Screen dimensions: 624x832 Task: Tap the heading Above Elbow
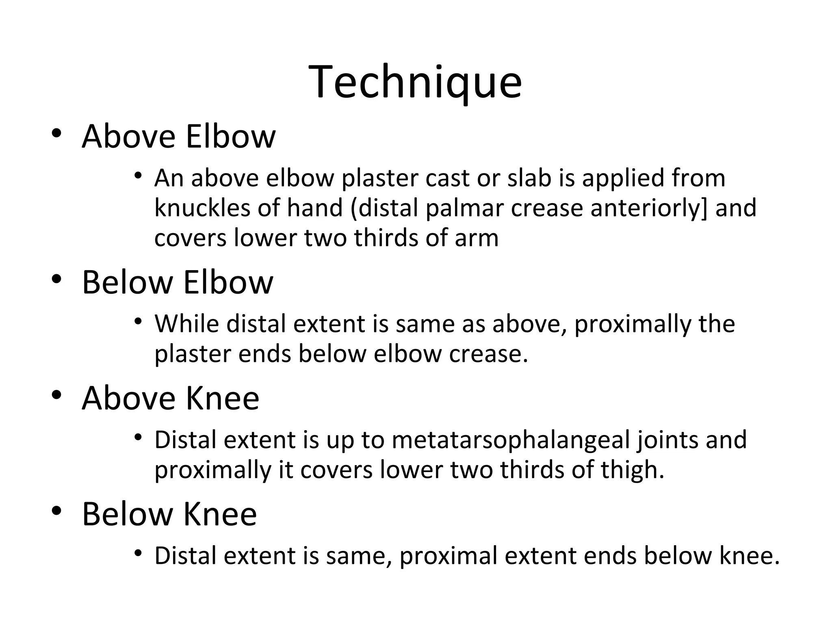click(179, 136)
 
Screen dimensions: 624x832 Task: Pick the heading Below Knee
click(169, 514)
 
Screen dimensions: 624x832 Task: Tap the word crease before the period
click(485, 354)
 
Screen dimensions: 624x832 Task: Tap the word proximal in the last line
click(448, 557)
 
